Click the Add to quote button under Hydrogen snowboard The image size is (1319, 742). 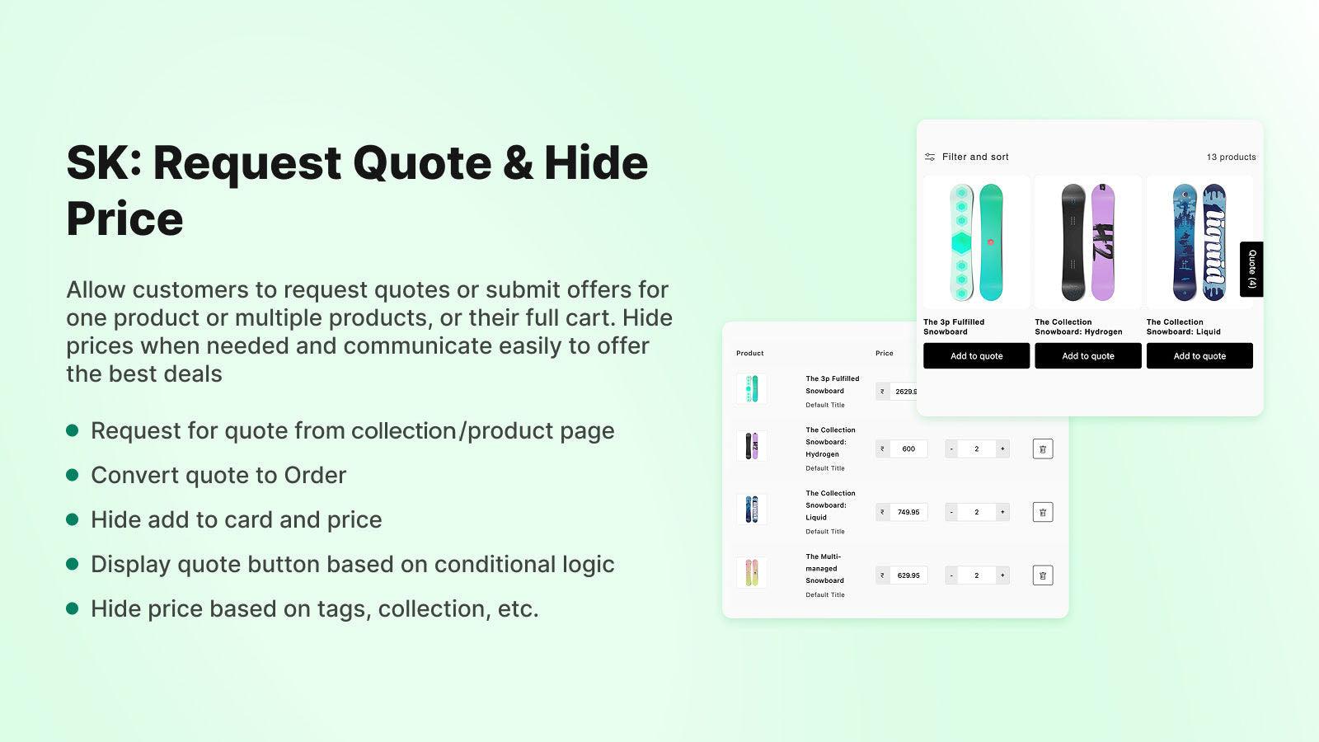(1087, 356)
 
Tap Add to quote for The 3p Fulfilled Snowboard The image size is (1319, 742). (976, 356)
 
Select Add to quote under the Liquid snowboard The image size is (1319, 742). (1199, 356)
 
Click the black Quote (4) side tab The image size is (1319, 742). (1251, 269)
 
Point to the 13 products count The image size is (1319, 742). (1231, 157)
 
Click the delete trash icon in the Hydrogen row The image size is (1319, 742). (1042, 449)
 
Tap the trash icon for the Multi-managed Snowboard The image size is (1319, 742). (1042, 575)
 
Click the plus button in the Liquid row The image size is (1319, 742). (1002, 512)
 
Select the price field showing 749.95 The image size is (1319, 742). (908, 512)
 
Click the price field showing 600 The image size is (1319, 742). (908, 449)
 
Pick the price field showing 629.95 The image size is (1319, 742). (908, 575)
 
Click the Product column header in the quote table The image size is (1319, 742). (749, 354)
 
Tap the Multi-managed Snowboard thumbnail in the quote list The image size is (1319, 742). (751, 573)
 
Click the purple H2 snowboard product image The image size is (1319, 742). (1087, 242)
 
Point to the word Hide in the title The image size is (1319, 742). (595, 162)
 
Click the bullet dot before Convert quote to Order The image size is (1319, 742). (73, 475)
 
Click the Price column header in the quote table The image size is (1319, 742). (884, 354)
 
